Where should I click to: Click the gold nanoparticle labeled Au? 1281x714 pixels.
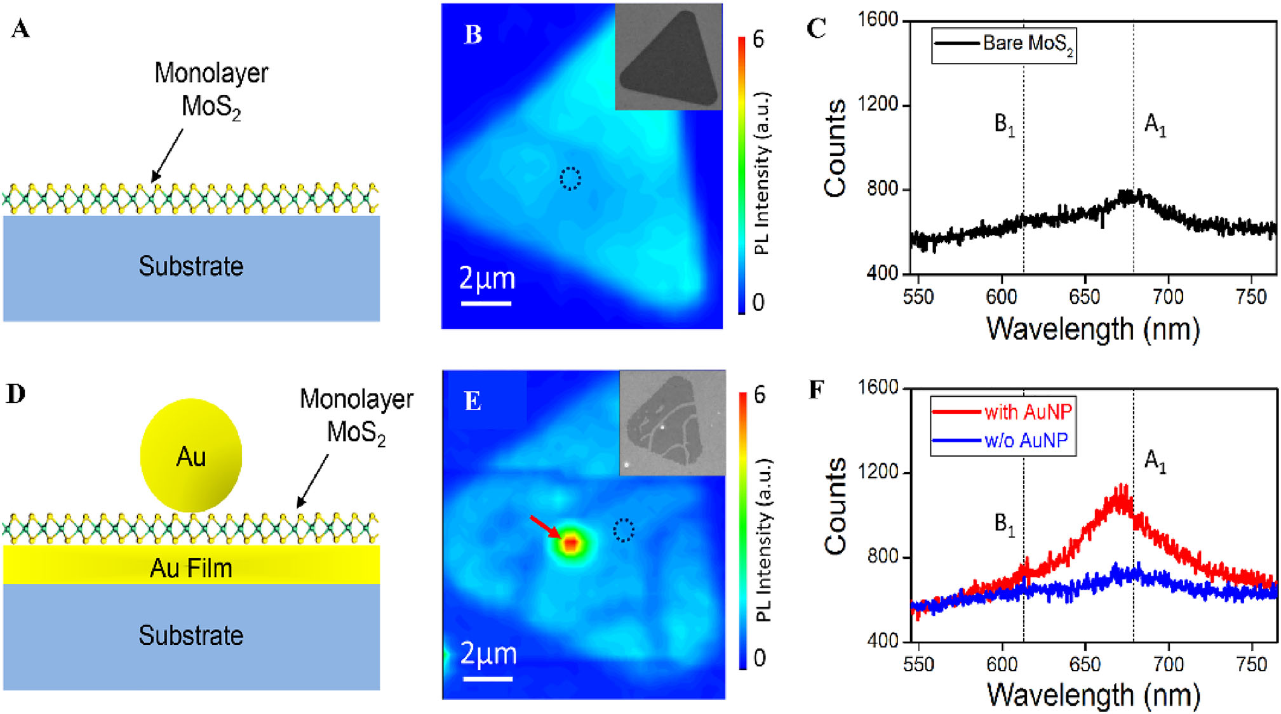[191, 455]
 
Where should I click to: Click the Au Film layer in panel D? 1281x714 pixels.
[191, 567]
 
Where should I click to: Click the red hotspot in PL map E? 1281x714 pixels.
[571, 543]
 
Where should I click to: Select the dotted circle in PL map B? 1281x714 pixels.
[570, 178]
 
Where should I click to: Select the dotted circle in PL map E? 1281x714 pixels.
[623, 529]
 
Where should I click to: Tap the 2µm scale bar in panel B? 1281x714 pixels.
[486, 303]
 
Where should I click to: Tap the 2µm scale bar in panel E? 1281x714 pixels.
[487, 678]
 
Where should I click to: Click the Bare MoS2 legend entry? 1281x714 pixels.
[1003, 44]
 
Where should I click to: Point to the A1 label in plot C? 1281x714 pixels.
[1155, 124]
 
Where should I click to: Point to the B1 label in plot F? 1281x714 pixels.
[1004, 524]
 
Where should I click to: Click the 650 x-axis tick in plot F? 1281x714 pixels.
[1085, 664]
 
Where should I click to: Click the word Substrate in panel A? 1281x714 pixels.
[191, 266]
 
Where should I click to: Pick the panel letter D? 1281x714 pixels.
[16, 393]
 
